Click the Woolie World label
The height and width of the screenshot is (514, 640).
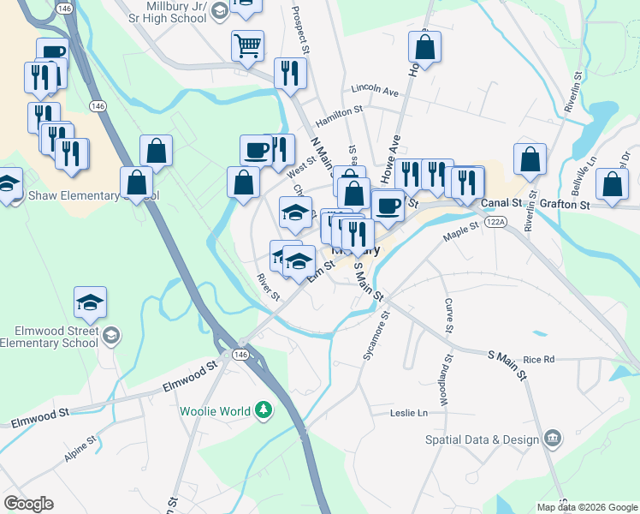[214, 410]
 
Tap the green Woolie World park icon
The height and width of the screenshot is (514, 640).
[264, 411]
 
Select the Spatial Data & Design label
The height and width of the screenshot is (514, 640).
[483, 440]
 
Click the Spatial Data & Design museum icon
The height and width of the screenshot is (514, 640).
[553, 439]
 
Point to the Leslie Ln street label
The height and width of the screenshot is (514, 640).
[408, 413]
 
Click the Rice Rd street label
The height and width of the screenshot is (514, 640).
[539, 359]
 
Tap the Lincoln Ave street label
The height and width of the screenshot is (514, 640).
[375, 90]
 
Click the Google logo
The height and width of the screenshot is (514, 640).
[28, 504]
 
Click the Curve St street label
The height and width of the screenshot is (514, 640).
[448, 315]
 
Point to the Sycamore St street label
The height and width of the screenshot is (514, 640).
[376, 335]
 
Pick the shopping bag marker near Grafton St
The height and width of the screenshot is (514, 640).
[612, 184]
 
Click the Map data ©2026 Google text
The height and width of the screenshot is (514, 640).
[588, 507]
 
